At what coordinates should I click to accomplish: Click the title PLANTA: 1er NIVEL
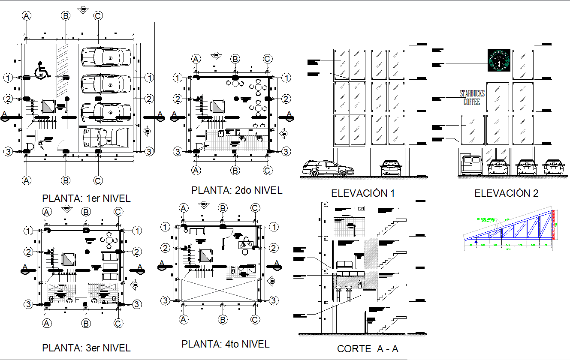tap(86, 198)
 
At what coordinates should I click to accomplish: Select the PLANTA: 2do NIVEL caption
tap(237, 190)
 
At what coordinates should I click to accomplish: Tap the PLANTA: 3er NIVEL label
tap(86, 348)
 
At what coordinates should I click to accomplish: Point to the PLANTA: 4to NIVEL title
tap(226, 344)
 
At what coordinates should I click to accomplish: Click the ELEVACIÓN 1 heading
tap(362, 193)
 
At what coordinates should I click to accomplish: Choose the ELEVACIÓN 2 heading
tap(506, 193)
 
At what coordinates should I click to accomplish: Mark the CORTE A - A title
tap(368, 349)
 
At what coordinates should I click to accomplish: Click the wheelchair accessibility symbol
tap(42, 71)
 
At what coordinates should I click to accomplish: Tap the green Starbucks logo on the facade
tap(499, 60)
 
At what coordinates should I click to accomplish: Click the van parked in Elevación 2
tap(471, 166)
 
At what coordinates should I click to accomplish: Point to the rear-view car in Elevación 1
tap(392, 168)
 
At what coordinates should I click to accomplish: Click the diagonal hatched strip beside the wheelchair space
tap(63, 71)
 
